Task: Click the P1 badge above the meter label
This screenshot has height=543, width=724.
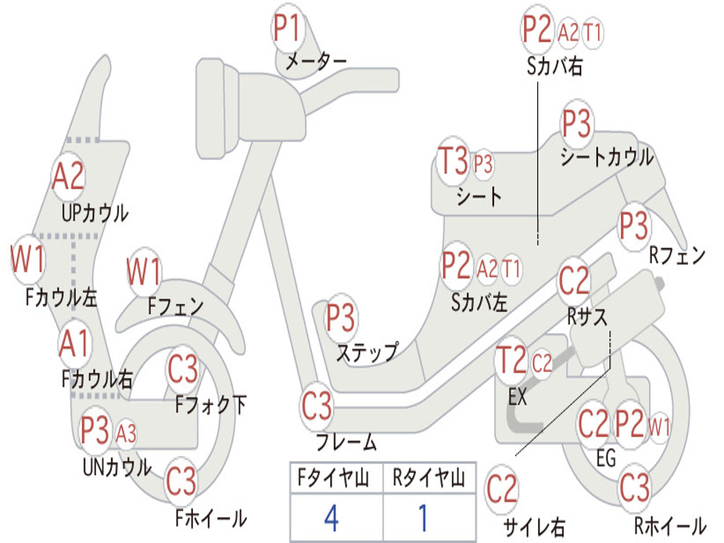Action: [x=288, y=28]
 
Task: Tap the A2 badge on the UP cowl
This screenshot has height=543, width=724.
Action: [x=68, y=176]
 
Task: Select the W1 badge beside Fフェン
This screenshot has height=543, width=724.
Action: [x=144, y=271]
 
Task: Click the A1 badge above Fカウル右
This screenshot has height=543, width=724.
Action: [x=74, y=344]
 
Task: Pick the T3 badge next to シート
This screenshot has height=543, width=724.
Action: [x=453, y=160]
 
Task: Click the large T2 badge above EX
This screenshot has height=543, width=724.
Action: [x=510, y=360]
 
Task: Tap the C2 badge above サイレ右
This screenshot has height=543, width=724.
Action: [x=501, y=489]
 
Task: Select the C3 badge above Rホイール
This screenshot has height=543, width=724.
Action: [x=634, y=488]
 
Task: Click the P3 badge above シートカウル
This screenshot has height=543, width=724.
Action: [x=576, y=123]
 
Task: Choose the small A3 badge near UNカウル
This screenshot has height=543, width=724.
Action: [x=126, y=434]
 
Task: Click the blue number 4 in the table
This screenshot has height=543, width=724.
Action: [x=332, y=518]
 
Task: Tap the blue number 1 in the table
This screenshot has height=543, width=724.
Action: [x=423, y=518]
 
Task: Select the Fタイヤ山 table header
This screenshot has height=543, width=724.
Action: [x=334, y=479]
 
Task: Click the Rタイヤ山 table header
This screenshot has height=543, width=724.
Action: [x=428, y=479]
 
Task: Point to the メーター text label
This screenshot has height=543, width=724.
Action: [x=316, y=61]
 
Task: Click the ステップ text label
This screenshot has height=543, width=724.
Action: [x=367, y=354]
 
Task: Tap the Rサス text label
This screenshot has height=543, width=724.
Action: [x=587, y=317]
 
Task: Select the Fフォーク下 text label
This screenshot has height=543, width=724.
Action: [x=211, y=404]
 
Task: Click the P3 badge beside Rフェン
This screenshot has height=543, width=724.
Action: [x=634, y=226]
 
